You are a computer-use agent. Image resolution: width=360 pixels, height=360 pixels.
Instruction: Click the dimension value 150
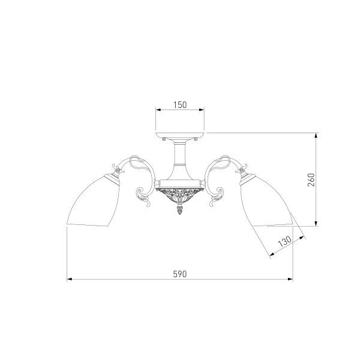pyautogui.click(x=180, y=104)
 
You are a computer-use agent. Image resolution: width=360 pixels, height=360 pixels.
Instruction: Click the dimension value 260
pyautogui.click(x=310, y=179)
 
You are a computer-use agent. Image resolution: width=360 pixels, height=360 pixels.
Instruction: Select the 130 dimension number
pyautogui.click(x=284, y=242)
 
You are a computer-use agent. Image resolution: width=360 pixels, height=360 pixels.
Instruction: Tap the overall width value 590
pyautogui.click(x=179, y=273)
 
